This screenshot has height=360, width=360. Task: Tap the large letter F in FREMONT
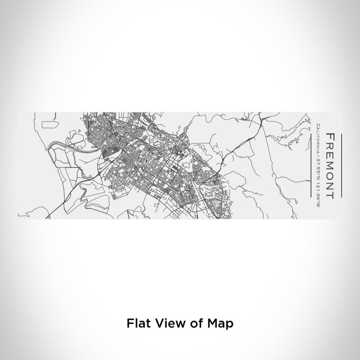pos(331,137)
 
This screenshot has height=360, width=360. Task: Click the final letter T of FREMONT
pos(331,195)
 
